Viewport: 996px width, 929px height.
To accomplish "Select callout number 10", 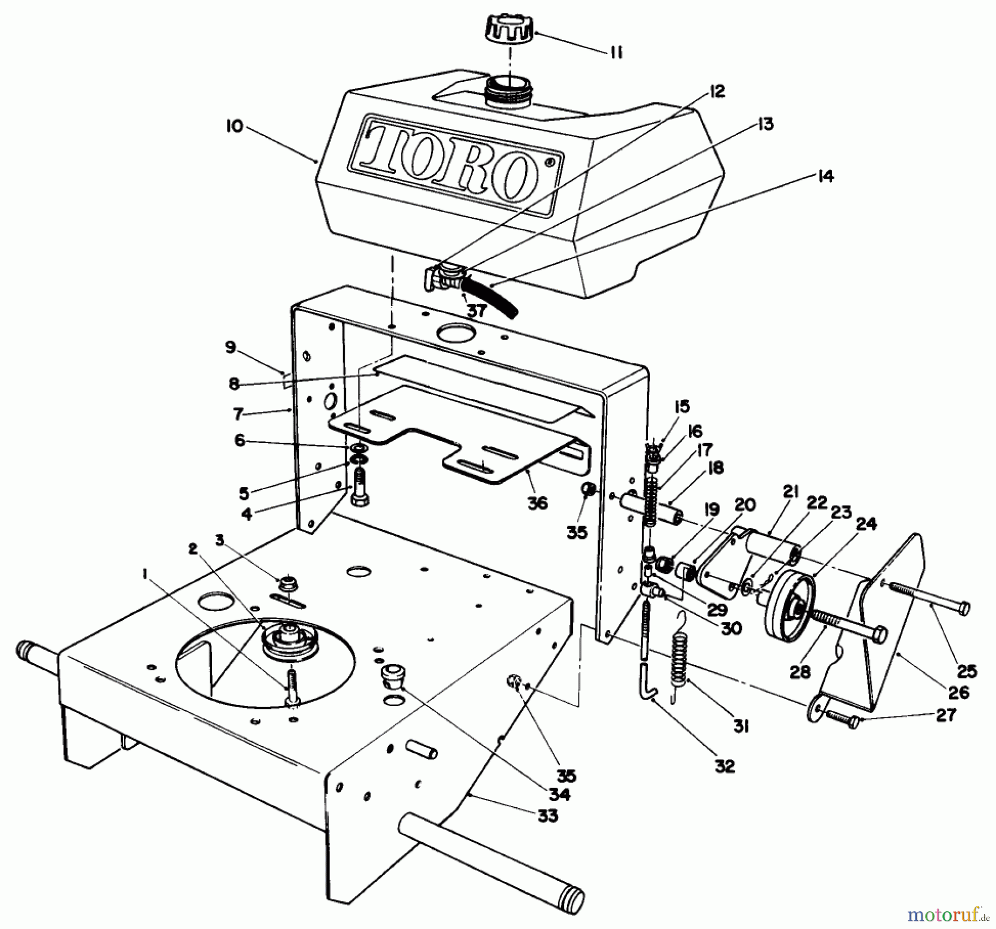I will [x=234, y=127].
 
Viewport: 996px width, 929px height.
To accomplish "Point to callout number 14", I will [x=825, y=177].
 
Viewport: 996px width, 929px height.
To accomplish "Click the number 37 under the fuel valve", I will [x=475, y=311].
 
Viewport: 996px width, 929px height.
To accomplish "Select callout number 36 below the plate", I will [x=537, y=503].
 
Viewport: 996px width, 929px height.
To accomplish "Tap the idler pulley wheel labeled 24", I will [x=788, y=604].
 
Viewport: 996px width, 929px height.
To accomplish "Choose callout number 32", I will [x=725, y=766].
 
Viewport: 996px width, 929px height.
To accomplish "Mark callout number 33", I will [x=548, y=816].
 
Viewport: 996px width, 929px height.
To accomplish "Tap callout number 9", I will [x=231, y=347].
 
